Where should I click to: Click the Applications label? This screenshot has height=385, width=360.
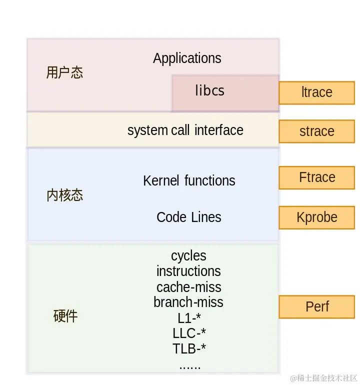[x=187, y=58]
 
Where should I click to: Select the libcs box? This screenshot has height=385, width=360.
[x=225, y=93]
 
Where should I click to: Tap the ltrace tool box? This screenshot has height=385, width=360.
[x=316, y=92]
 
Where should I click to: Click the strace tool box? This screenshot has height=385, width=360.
[x=316, y=131]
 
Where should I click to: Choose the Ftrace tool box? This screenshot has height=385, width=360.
[x=316, y=177]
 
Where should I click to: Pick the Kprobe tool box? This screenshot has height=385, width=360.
[x=316, y=217]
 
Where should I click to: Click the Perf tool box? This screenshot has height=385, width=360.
[x=316, y=306]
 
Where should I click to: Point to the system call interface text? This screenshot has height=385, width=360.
[x=185, y=130]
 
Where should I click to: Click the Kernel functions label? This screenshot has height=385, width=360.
[x=189, y=180]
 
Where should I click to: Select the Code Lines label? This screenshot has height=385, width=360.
[x=188, y=217]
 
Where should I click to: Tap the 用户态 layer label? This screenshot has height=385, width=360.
[x=64, y=73]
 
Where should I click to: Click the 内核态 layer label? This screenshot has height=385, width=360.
[x=64, y=195]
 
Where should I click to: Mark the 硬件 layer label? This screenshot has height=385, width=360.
[x=65, y=316]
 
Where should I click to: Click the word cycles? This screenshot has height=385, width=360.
[x=188, y=256]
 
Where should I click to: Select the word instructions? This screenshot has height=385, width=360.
[x=188, y=271]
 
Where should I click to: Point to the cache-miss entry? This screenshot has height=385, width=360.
[x=188, y=287]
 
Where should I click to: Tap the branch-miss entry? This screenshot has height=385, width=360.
[x=188, y=302]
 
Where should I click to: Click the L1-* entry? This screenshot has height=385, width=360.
[x=189, y=318]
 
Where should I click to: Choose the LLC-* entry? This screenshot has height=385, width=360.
[x=189, y=333]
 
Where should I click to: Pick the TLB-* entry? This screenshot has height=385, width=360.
[x=189, y=348]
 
